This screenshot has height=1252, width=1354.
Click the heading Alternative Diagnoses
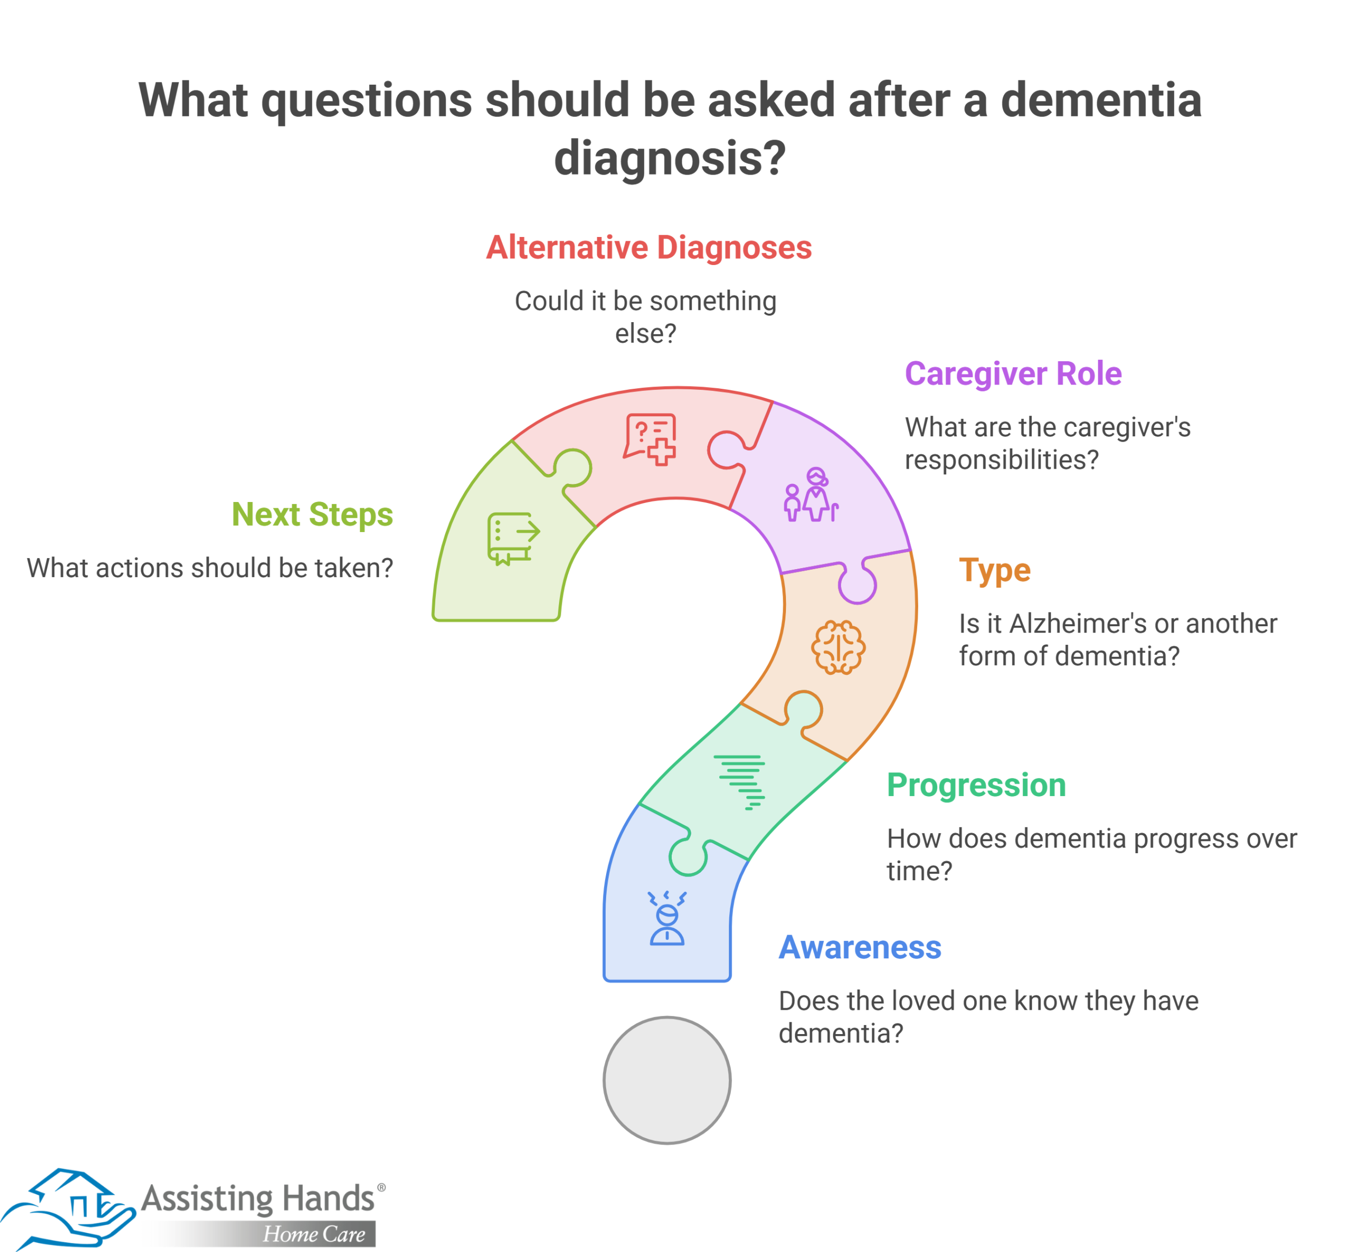[648, 248]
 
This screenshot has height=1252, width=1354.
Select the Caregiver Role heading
[1013, 374]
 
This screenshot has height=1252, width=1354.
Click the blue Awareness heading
[859, 947]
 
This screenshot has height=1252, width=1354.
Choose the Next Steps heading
[312, 515]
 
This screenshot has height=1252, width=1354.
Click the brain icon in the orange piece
[838, 647]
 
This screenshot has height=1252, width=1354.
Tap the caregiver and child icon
[811, 494]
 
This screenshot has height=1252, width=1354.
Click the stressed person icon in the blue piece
[666, 918]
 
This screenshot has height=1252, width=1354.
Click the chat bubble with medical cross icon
[650, 440]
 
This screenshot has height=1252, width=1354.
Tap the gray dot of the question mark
[666, 1081]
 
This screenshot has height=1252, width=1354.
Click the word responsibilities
[1002, 461]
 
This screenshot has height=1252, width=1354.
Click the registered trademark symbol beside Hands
[381, 1187]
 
